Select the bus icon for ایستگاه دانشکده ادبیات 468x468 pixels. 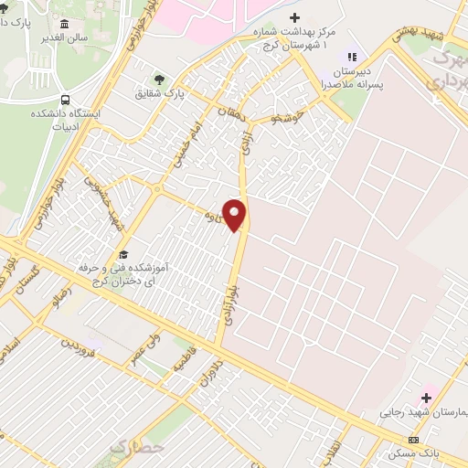tap(65, 101)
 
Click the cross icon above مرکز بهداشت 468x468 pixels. tap(293, 17)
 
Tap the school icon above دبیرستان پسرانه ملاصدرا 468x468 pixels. tap(353, 58)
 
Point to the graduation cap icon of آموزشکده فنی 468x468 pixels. tap(123, 254)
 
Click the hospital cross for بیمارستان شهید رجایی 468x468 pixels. tap(426, 399)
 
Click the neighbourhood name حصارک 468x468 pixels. tap(134, 448)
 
